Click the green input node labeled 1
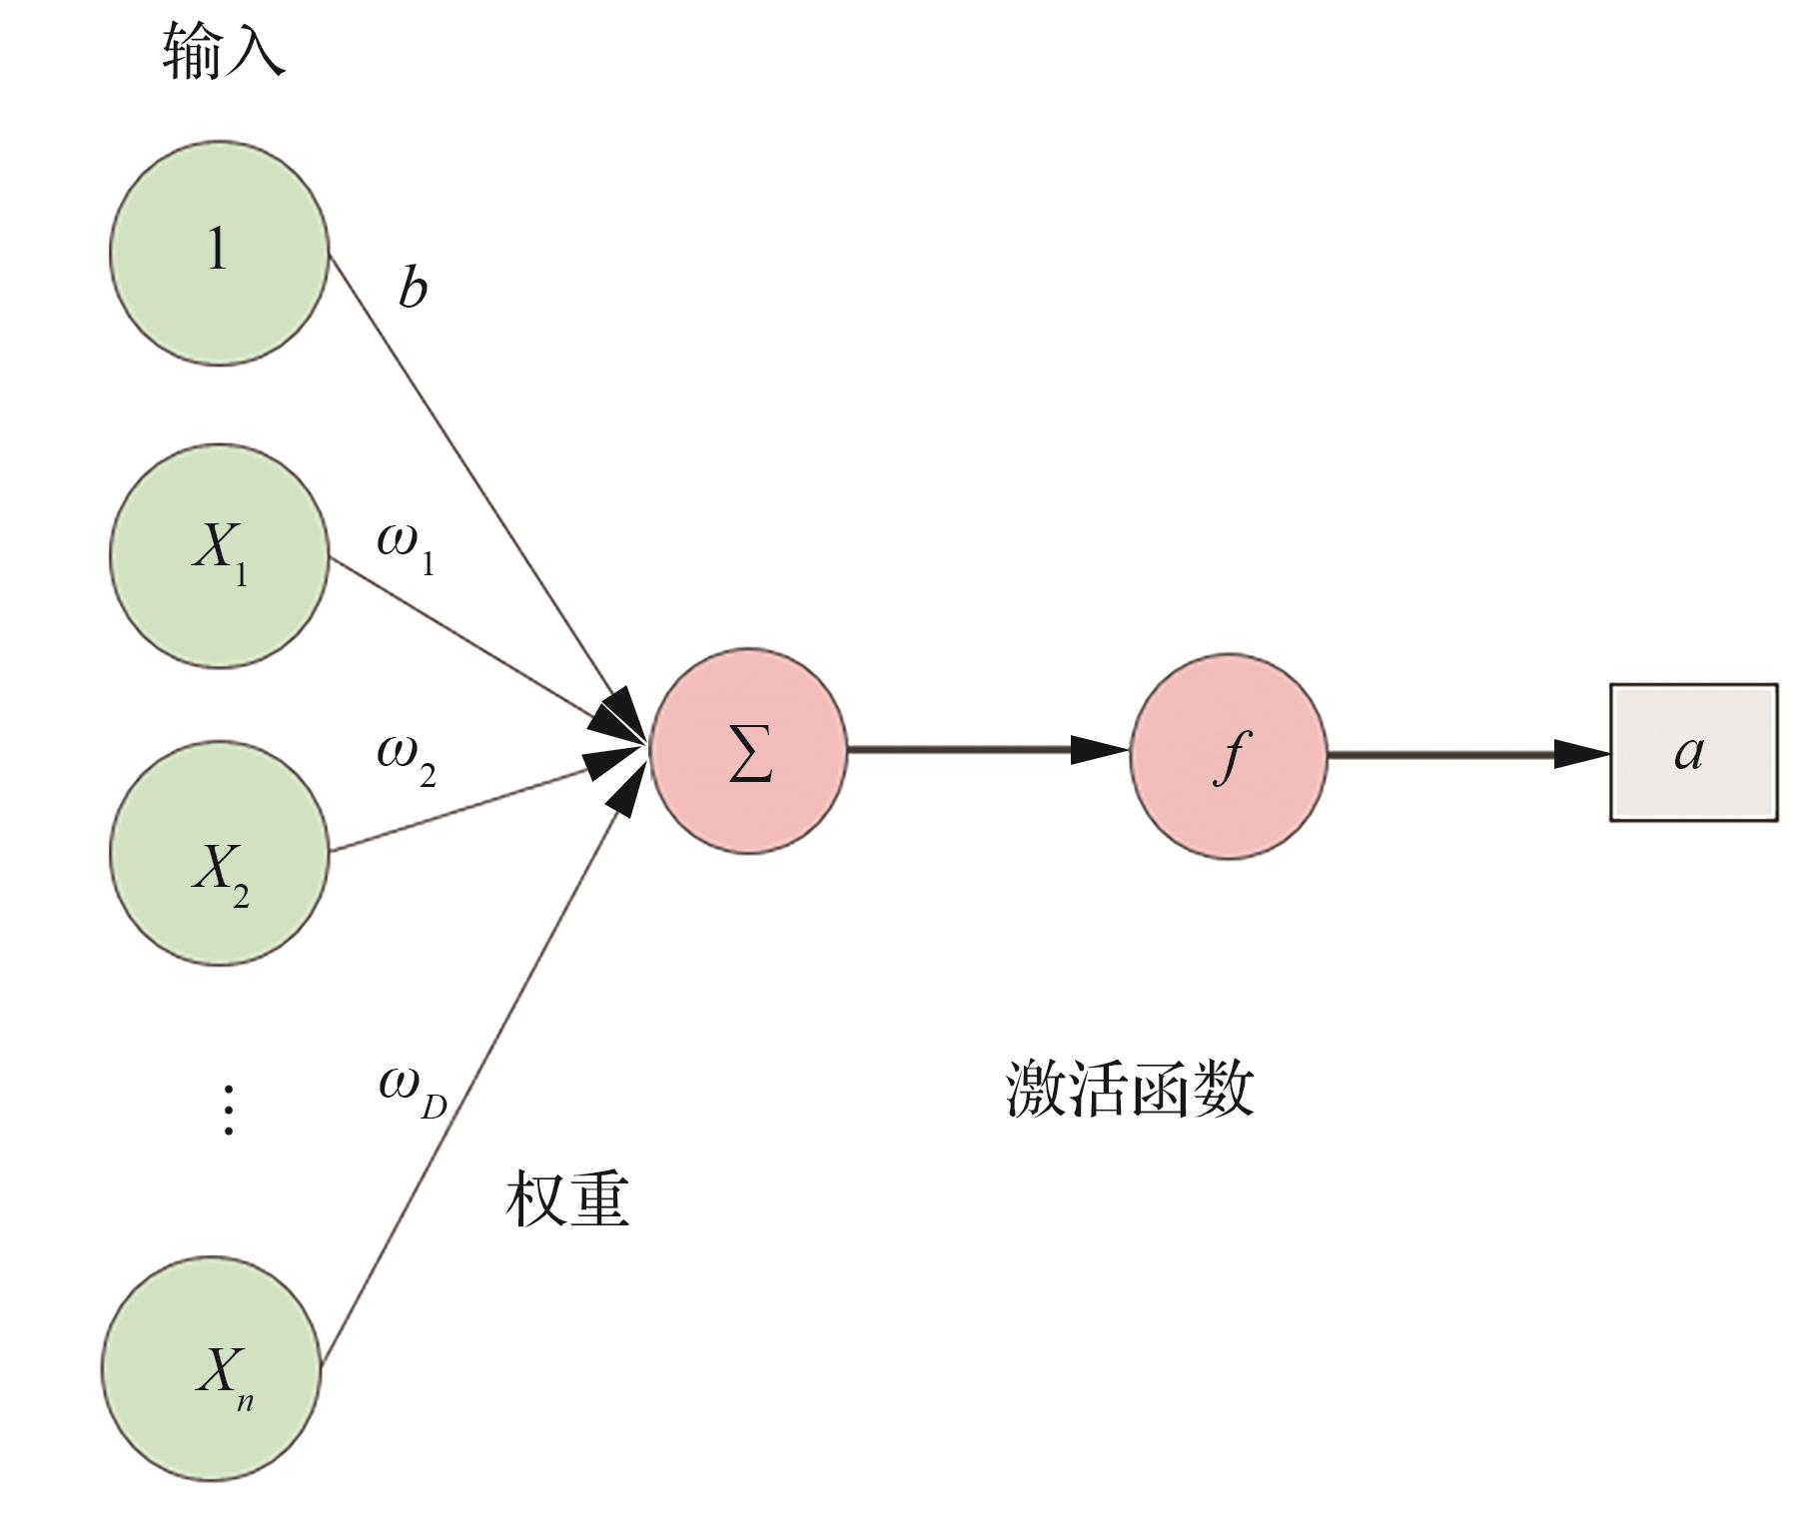click(x=219, y=253)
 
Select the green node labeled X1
click(x=219, y=555)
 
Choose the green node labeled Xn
click(x=211, y=1368)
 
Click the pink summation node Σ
click(x=749, y=751)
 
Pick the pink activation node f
click(x=1229, y=755)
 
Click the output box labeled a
click(x=1693, y=752)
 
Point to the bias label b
click(x=413, y=288)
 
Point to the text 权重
click(x=567, y=1198)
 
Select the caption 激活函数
click(x=1130, y=1089)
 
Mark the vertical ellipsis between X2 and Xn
click(x=229, y=1110)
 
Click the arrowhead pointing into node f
click(x=1099, y=749)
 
